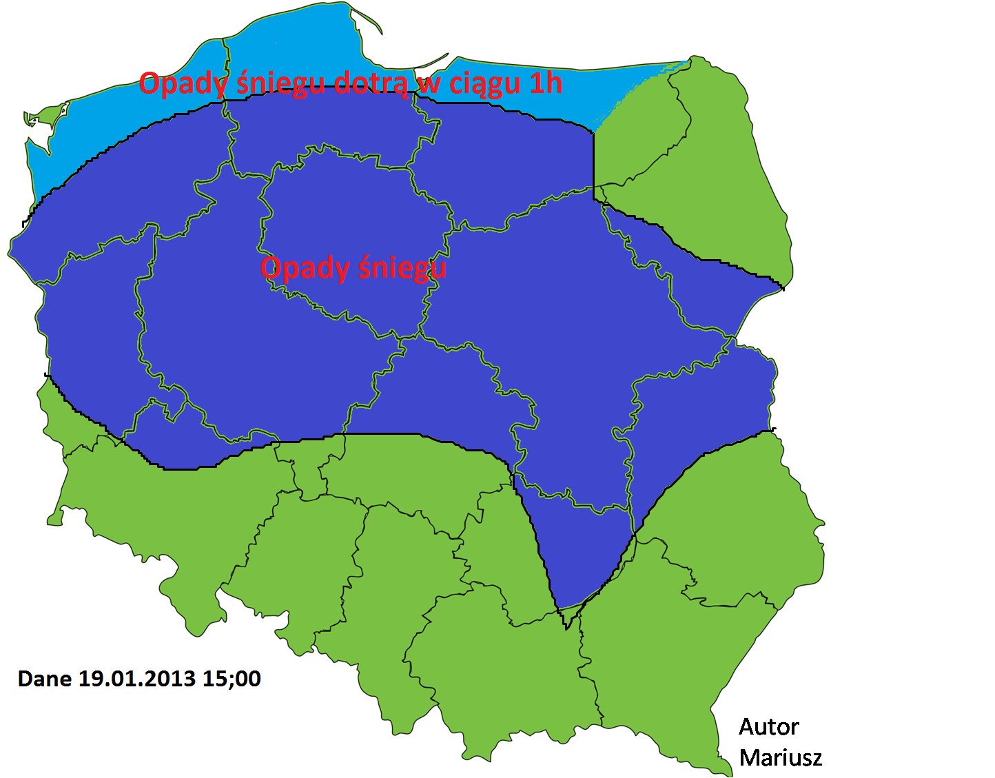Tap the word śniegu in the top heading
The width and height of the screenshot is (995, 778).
tap(280, 84)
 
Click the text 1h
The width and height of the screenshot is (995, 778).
tap(546, 83)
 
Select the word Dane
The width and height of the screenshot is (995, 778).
tap(45, 679)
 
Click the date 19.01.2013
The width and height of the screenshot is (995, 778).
tap(136, 679)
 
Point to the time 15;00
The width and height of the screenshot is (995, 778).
tap(232, 679)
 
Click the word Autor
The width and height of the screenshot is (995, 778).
tap(768, 727)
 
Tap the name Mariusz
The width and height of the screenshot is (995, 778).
tap(780, 757)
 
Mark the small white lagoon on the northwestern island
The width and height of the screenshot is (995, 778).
tap(63, 110)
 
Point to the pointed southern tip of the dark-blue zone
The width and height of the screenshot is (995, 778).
tap(566, 626)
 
